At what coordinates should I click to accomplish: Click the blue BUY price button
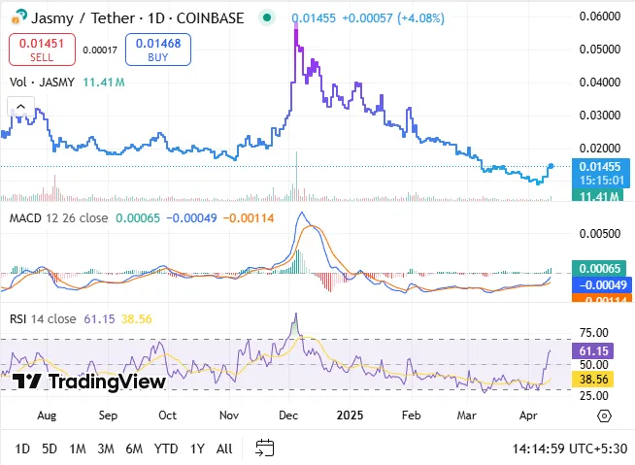(x=158, y=50)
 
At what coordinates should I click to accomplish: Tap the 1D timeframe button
(x=22, y=448)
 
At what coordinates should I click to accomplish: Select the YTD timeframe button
(x=166, y=448)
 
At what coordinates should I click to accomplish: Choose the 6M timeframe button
(x=134, y=448)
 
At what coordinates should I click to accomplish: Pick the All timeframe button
(x=224, y=448)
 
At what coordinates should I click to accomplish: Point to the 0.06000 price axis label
(x=599, y=17)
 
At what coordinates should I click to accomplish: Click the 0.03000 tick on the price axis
(x=599, y=116)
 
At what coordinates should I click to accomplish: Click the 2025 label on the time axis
(x=349, y=415)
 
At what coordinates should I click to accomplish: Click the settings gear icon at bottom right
(x=604, y=415)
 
